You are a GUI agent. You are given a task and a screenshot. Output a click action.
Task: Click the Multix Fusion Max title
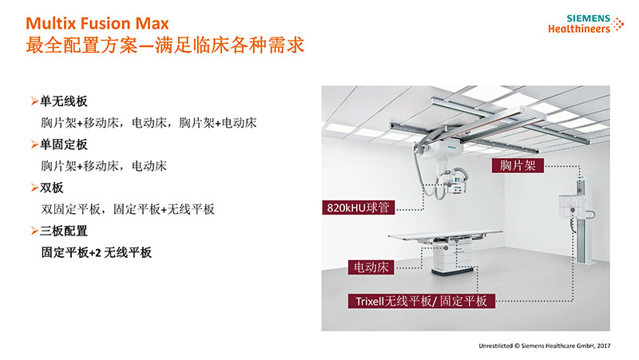(x=97, y=23)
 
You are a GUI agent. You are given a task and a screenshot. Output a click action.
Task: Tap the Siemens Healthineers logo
(x=585, y=24)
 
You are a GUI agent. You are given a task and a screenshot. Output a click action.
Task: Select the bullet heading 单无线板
(x=64, y=101)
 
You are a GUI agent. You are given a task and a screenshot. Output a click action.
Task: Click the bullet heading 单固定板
(x=64, y=144)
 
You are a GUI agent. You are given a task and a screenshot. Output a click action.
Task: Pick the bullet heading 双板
(x=51, y=188)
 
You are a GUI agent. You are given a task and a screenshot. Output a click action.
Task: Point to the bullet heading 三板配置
(x=64, y=231)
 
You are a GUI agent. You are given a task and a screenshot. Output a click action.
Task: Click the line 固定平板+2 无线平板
(x=96, y=252)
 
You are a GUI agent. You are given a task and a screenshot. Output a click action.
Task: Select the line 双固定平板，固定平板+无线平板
(x=128, y=209)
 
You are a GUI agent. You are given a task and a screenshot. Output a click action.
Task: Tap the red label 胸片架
(x=518, y=165)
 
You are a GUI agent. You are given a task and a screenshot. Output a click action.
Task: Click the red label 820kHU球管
(x=358, y=208)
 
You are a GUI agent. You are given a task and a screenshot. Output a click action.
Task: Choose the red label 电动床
(x=371, y=267)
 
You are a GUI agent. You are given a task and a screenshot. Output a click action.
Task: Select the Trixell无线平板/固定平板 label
(x=422, y=301)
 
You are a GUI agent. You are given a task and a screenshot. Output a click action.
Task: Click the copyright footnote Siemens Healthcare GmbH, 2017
(x=545, y=346)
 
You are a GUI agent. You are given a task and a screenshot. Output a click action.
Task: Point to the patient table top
(x=445, y=235)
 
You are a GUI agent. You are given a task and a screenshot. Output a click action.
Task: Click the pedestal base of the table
(x=452, y=271)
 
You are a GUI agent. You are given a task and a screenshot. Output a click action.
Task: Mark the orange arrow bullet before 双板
(x=34, y=188)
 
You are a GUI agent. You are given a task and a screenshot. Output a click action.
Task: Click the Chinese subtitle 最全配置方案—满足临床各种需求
(x=165, y=45)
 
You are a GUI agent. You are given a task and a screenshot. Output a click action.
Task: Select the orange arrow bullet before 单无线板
(x=34, y=101)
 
